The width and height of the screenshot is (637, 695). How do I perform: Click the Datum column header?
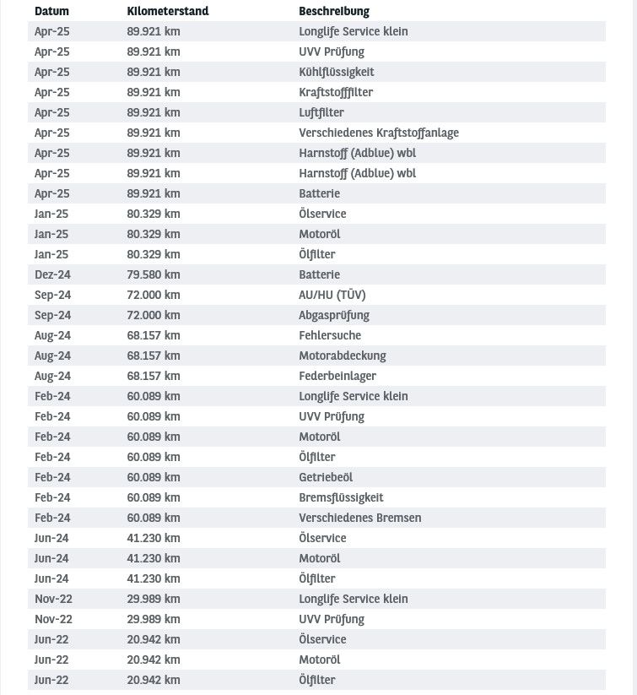click(x=51, y=11)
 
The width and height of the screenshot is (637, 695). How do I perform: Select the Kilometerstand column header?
click(x=167, y=11)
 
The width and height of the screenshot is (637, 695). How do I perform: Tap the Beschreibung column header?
click(x=334, y=11)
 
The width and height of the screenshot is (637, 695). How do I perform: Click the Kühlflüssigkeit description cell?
click(x=336, y=72)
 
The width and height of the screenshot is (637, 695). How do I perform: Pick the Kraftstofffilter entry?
click(x=335, y=92)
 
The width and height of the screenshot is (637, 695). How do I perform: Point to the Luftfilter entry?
click(x=321, y=112)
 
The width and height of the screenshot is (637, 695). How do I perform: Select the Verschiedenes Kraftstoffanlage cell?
click(x=378, y=133)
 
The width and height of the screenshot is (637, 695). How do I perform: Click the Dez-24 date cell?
click(x=52, y=274)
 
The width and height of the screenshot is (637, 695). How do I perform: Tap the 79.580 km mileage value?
click(x=153, y=274)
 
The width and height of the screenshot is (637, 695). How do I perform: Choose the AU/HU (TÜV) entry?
click(x=332, y=295)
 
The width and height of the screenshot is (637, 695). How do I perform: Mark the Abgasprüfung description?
click(x=333, y=315)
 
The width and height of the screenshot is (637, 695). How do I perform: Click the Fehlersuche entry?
click(x=329, y=335)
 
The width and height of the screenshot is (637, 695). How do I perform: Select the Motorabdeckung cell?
click(x=342, y=356)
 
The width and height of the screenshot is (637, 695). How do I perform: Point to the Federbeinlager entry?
click(x=337, y=376)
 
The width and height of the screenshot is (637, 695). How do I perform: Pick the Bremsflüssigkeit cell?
click(x=341, y=497)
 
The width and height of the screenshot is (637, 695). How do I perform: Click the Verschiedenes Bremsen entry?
click(x=359, y=518)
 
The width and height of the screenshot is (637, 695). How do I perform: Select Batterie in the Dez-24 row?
click(x=319, y=274)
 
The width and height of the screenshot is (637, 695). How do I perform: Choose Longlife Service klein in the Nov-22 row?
click(x=353, y=599)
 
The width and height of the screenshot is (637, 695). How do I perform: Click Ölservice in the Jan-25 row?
click(x=322, y=214)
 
